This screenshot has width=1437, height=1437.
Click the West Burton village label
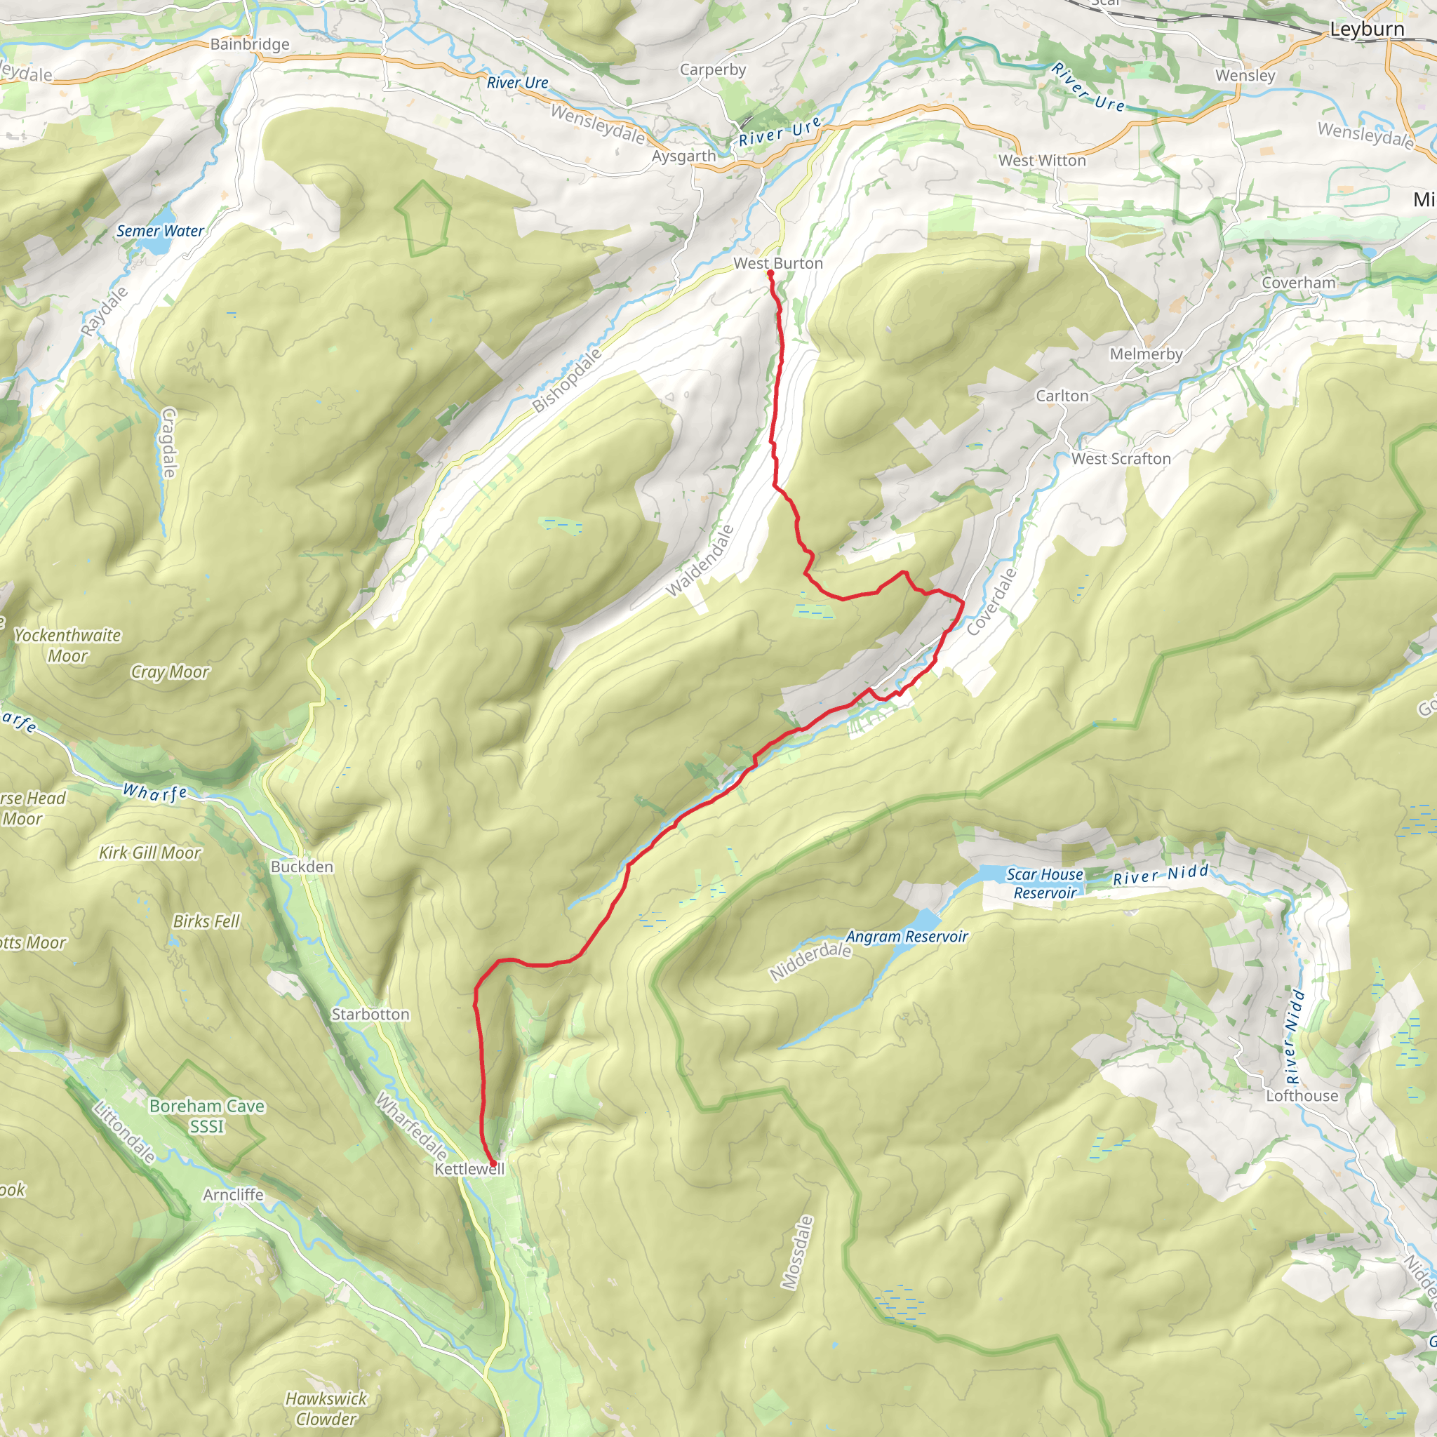pos(778,263)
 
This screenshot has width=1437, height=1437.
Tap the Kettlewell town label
pos(469,1168)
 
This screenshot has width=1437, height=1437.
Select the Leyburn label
pos(1367,29)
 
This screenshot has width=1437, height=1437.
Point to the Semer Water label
pos(160,231)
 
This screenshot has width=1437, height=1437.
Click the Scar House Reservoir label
pos(1044,883)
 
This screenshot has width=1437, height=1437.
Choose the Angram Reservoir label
pos(907,937)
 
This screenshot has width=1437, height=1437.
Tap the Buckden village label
pos(302,867)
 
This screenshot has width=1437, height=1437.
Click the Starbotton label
pos(370,1015)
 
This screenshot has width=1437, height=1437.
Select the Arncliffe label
pos(234,1194)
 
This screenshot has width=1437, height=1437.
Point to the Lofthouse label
pos(1302,1095)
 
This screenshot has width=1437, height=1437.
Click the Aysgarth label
pos(683,156)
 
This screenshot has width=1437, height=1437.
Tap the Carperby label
pos(713,70)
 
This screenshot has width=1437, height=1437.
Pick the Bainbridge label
pos(250,44)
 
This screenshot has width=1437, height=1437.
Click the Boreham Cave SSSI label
pos(207,1116)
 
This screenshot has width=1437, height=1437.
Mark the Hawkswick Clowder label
pos(326,1409)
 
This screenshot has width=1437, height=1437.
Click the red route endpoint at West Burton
pos(770,273)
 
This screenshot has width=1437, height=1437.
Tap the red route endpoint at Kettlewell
pos(493,1163)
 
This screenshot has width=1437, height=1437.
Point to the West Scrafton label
pos(1121,459)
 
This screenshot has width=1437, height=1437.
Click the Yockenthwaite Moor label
pos(67,645)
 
